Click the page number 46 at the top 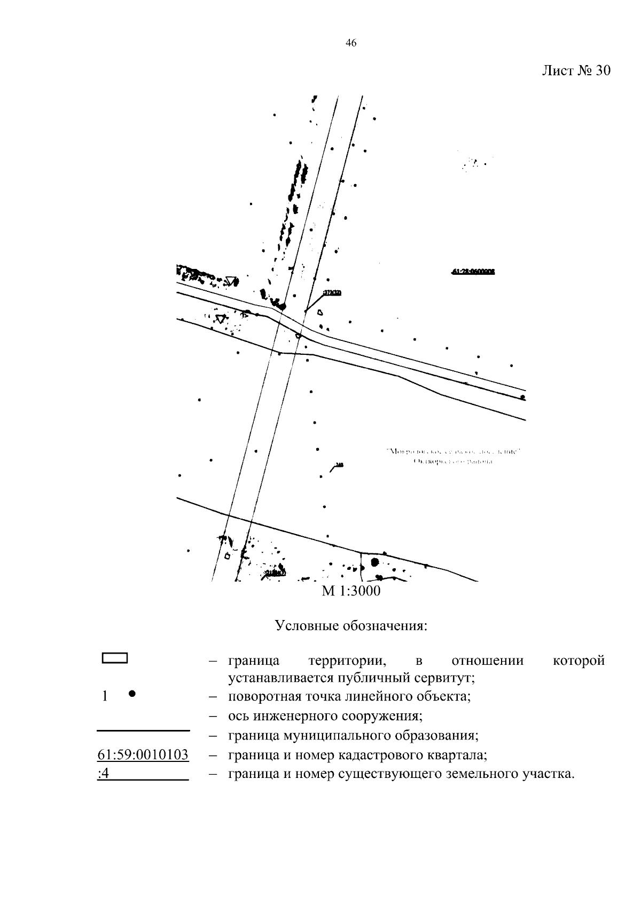pos(351,44)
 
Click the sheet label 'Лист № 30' pos(575,71)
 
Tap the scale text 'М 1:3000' pos(351,591)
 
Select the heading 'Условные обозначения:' pos(351,625)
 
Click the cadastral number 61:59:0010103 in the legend pos(143,755)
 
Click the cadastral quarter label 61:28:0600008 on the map pos(473,272)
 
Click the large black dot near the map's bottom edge pos(374,561)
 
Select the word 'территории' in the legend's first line pos(347,661)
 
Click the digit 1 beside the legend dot pos(105,696)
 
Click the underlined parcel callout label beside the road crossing pos(332,292)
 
